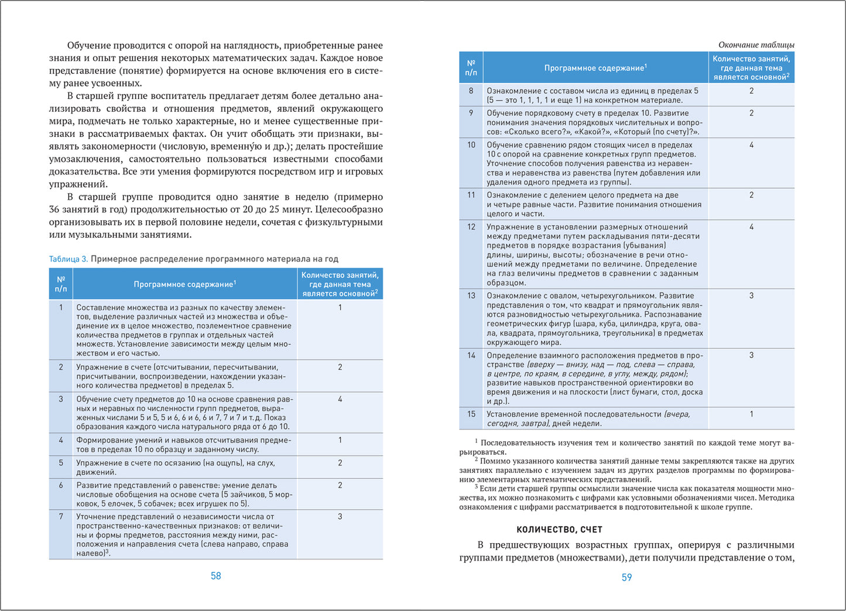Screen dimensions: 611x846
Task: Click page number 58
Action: pos(215,576)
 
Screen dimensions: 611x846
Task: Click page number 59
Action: pos(626,577)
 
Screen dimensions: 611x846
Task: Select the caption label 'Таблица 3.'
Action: pos(68,259)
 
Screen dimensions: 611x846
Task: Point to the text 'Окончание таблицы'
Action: pos(756,44)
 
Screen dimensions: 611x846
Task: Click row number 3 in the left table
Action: pos(61,399)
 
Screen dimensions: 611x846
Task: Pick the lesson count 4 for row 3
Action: pos(340,399)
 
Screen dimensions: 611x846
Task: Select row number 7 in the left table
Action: pos(61,517)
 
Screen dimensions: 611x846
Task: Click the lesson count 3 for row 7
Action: pos(340,517)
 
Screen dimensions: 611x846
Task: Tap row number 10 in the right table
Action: pos(471,145)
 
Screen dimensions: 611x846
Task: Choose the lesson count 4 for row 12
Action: pos(752,227)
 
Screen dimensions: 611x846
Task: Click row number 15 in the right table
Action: pos(471,414)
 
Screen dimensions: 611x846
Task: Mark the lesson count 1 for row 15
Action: pos(752,414)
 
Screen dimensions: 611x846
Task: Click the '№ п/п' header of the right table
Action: pos(471,68)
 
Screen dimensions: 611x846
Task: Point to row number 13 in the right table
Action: pos(471,296)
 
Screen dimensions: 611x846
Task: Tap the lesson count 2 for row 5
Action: pos(340,463)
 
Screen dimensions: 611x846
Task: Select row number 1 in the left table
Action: pos(61,307)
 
